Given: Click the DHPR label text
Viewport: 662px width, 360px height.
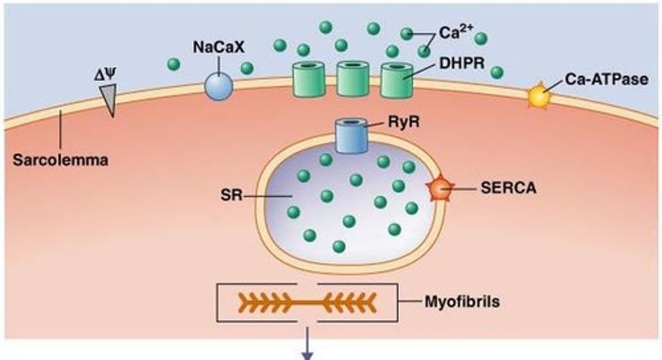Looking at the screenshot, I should pyautogui.click(x=462, y=63).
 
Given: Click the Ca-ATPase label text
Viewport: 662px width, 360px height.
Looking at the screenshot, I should pyautogui.click(x=606, y=79).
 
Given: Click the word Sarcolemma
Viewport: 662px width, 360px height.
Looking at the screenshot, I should pyautogui.click(x=61, y=161).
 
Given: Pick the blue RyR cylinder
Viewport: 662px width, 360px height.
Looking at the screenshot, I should pyautogui.click(x=351, y=136).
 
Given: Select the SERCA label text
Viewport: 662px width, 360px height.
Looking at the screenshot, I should pyautogui.click(x=508, y=189).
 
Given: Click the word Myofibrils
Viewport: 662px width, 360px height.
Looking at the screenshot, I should pyautogui.click(x=461, y=303).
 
